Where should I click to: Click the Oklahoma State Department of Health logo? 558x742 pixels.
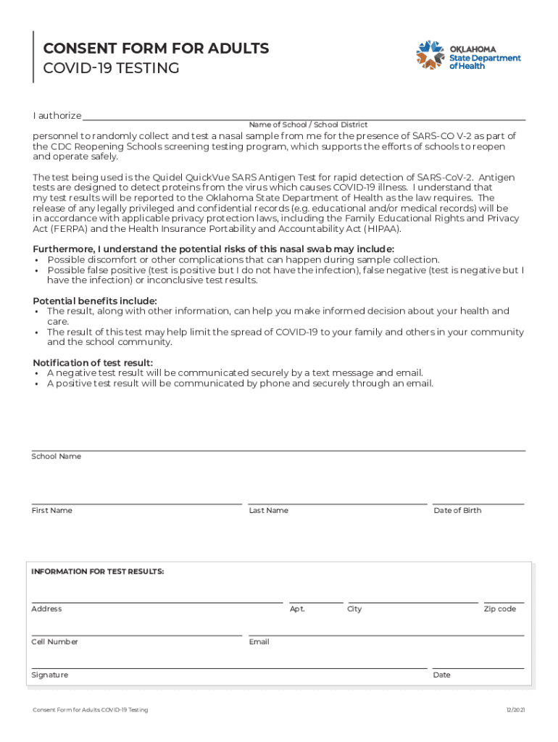click(467, 54)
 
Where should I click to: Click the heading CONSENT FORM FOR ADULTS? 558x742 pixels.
click(156, 49)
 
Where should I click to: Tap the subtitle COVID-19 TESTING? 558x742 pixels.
click(111, 68)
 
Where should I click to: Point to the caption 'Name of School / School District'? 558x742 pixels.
click(308, 125)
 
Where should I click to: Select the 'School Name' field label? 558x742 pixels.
click(56, 457)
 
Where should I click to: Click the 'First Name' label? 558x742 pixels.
click(51, 511)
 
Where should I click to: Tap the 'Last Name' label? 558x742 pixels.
click(268, 511)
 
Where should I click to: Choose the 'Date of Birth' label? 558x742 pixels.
click(457, 511)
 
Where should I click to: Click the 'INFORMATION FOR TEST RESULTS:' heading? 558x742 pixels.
click(97, 572)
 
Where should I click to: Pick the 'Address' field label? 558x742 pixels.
click(46, 609)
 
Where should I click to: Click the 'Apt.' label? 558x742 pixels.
click(297, 609)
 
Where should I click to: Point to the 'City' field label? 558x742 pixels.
click(354, 609)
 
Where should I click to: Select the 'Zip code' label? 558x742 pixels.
click(500, 609)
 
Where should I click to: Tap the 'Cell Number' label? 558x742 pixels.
click(54, 642)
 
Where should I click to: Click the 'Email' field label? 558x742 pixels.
click(259, 642)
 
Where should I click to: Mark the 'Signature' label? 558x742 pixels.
click(49, 675)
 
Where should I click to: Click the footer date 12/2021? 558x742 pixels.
click(515, 710)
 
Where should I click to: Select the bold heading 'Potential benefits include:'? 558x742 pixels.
click(95, 301)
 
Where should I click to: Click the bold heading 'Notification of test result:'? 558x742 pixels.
click(93, 363)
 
